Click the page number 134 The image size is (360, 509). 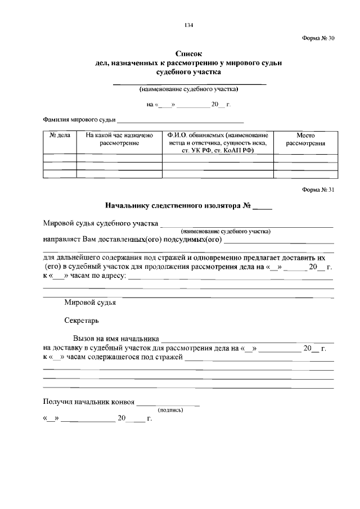pos(189,25)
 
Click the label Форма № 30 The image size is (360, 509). pos(318,39)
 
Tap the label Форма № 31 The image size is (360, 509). pos(318,190)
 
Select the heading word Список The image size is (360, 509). pos(188,53)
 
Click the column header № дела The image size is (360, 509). pos(60,136)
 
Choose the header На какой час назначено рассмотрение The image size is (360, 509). pos(119,139)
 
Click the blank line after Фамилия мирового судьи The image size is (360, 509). pos(180,121)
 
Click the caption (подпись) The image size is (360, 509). pos(171,410)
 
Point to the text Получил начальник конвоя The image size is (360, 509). pos(89,402)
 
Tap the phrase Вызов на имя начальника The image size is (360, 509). pos(115,339)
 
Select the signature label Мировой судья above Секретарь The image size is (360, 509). pos(90,302)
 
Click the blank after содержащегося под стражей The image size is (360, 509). pos(259,358)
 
